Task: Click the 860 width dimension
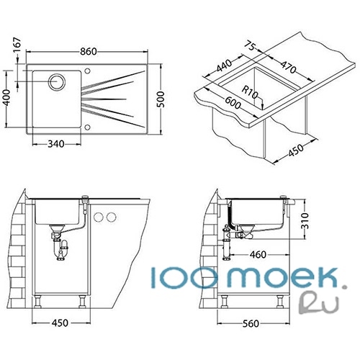coord(89,52)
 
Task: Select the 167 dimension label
coord(17,45)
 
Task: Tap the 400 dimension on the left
coord(6,97)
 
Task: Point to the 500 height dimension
coord(161,99)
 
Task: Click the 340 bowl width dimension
coord(56,144)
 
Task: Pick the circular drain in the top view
coord(57,81)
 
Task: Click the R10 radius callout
coord(250,92)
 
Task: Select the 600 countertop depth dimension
coord(233,102)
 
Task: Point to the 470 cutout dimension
coord(288,67)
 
